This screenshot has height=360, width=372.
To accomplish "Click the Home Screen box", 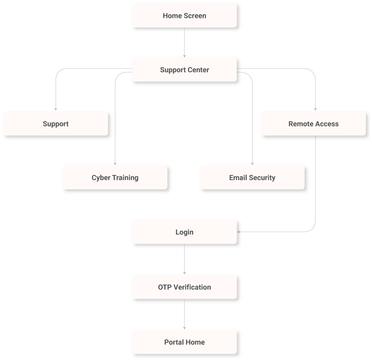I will pos(184,16).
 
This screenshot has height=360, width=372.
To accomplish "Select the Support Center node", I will pos(184,70).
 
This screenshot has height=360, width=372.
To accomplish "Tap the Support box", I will pos(56,124).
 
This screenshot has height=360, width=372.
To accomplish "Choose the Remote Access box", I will pos(313,124).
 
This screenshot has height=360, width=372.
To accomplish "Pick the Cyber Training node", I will pos(115,178).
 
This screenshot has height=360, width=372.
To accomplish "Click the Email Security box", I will pos(252,178).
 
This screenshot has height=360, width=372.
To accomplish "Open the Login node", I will pos(184,232).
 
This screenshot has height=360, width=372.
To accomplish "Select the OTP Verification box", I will pos(184,287).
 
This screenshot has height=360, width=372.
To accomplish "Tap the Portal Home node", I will pos(184,342).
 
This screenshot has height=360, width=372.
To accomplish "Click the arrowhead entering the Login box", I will pos(239,232).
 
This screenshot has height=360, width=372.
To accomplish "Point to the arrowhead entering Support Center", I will pos(185,56).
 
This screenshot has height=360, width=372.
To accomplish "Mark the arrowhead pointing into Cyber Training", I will pos(115,163).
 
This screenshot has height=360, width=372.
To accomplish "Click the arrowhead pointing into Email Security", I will pos(252,163).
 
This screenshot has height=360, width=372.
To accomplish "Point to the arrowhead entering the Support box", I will pos(56,109).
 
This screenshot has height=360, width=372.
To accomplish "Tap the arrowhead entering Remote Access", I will pos(315,109).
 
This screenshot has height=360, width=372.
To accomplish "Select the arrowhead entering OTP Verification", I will pos(185,273).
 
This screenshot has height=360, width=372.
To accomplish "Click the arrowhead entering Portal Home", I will pos(185,328).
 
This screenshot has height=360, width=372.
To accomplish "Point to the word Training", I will pos(125,178).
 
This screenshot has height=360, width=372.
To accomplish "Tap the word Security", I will pos(262,178).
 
